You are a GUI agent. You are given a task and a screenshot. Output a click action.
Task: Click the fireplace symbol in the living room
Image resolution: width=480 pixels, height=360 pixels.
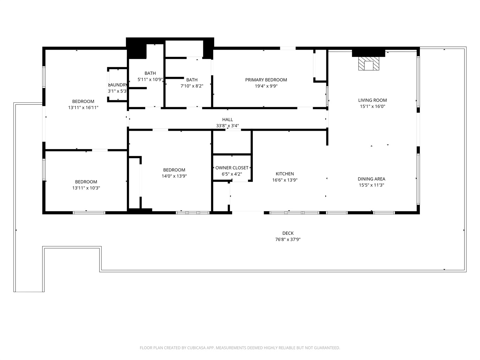369,64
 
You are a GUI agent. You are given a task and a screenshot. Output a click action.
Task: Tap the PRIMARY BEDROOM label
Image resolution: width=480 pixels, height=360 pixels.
266,80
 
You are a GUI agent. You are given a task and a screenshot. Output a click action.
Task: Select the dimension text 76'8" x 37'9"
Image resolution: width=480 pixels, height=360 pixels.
288,239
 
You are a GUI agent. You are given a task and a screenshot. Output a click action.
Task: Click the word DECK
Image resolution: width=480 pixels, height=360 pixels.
288,233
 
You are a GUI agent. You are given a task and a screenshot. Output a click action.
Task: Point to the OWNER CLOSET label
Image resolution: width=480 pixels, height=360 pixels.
232,168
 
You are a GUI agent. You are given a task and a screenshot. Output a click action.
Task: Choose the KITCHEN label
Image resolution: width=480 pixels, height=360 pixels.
285,174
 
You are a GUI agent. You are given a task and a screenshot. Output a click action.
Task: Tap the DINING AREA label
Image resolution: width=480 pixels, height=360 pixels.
371,179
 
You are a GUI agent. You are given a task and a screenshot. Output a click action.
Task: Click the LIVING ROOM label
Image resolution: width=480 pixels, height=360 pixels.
372,100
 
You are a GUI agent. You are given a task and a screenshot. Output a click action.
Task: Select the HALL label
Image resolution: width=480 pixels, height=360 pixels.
228,120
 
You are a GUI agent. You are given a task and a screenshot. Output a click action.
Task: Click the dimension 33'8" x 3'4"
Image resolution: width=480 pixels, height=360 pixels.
228,126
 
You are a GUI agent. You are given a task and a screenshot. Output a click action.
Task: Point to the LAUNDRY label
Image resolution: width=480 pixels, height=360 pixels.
117,85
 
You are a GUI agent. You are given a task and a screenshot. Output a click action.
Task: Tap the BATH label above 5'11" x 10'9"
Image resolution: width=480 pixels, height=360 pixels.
150,73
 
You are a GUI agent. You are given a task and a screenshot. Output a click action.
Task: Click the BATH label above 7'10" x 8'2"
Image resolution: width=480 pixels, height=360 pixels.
192,80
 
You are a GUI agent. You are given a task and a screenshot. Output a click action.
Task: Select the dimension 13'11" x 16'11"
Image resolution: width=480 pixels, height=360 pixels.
83,108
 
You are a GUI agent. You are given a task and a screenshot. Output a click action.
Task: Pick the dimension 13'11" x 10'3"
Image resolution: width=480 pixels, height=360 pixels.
86,188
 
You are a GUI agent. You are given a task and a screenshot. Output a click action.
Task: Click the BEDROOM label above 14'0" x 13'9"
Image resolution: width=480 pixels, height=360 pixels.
174,170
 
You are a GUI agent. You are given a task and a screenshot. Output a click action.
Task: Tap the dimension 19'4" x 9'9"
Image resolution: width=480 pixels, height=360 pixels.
266,86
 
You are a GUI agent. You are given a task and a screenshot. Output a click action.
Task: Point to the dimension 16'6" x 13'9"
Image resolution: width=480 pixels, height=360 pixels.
285,180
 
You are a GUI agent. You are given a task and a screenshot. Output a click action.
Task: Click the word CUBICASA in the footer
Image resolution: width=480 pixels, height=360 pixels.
196,348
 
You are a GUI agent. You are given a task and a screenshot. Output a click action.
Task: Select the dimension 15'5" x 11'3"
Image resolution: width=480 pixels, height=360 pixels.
371,185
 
